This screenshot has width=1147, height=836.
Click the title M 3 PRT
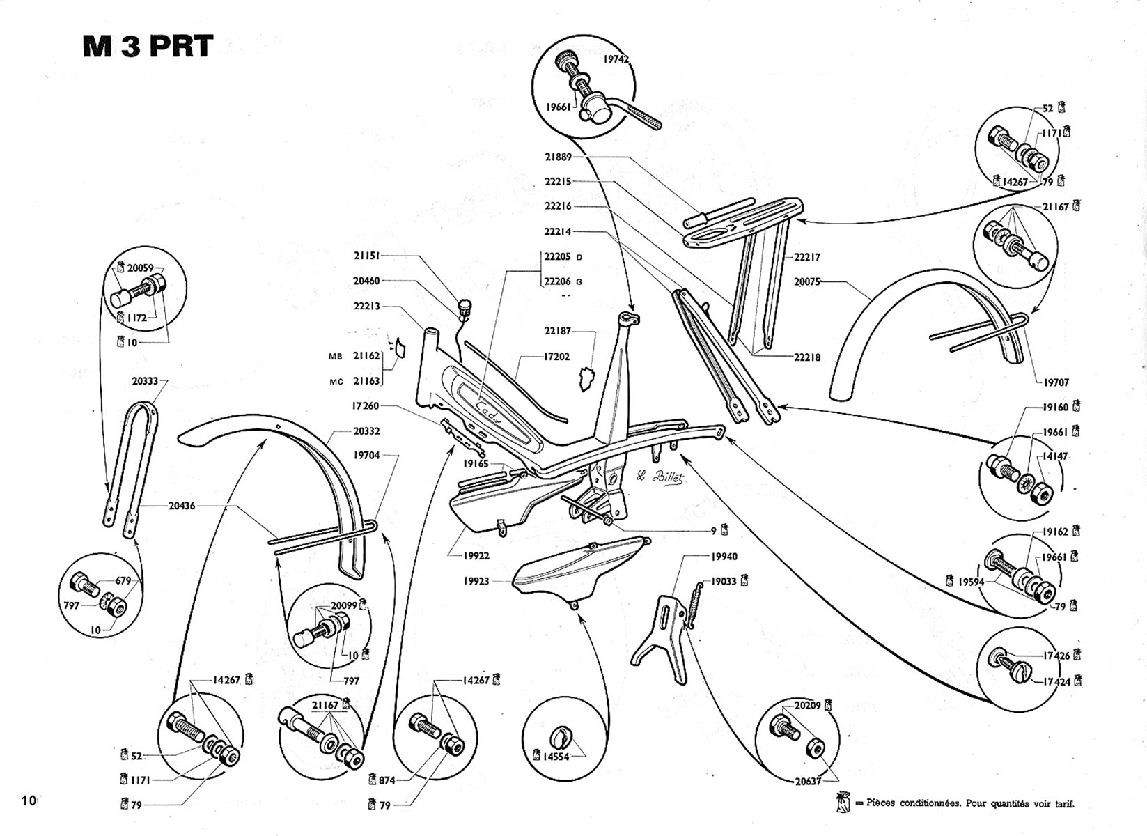pyautogui.click(x=147, y=47)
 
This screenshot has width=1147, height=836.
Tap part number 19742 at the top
pyautogui.click(x=616, y=59)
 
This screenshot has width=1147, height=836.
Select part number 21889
pyautogui.click(x=558, y=157)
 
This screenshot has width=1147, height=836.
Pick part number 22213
pyautogui.click(x=367, y=306)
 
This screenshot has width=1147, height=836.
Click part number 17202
pyautogui.click(x=556, y=357)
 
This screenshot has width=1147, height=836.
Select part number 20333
pyautogui.click(x=145, y=381)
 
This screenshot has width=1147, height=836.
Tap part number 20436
pyautogui.click(x=181, y=506)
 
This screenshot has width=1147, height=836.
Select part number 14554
pyautogui.click(x=556, y=756)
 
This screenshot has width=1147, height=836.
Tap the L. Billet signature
pyautogui.click(x=660, y=479)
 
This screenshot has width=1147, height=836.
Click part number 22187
pyautogui.click(x=558, y=332)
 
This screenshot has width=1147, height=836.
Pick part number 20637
pyautogui.click(x=808, y=782)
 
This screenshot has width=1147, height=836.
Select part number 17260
pyautogui.click(x=367, y=405)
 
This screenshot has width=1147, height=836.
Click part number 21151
pyautogui.click(x=367, y=256)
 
